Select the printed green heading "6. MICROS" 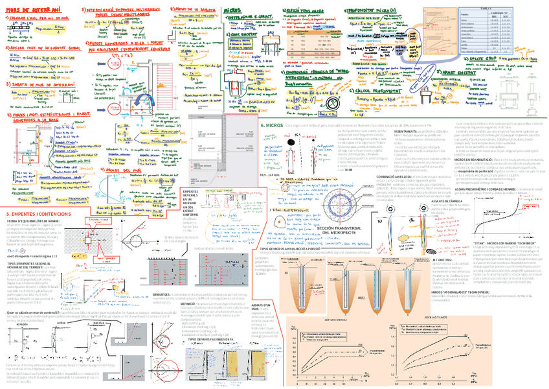[x=271, y=124]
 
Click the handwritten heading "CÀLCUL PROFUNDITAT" [x=363, y=91]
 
